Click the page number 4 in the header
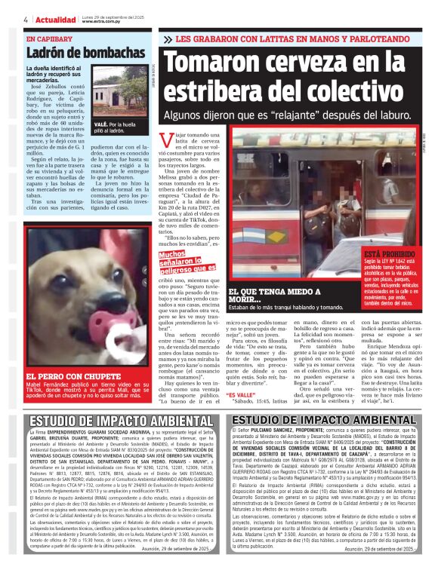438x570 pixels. pyautogui.click(x=26, y=20)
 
